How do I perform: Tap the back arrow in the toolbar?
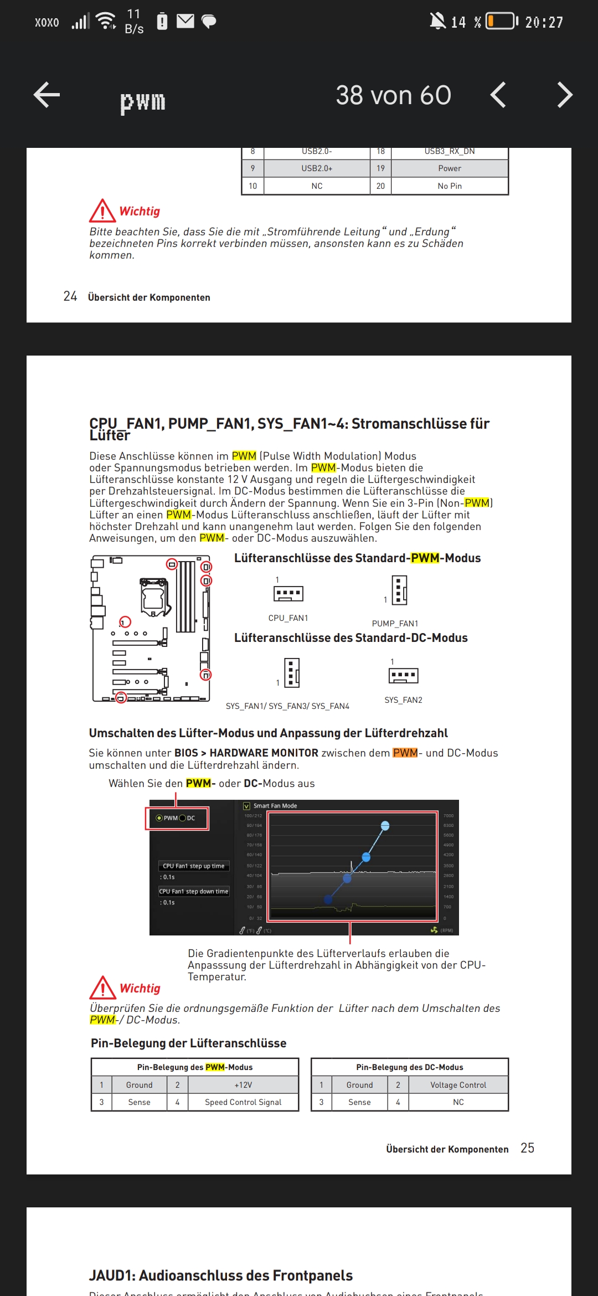coord(47,95)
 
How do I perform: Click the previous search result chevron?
coord(498,95)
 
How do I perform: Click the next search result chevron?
coord(564,95)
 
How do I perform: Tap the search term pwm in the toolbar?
coord(143,101)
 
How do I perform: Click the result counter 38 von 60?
coord(393,95)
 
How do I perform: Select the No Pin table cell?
coord(449,186)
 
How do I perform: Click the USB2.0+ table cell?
coord(317,168)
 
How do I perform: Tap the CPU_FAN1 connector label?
coord(288,618)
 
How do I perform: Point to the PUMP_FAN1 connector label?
coord(395,624)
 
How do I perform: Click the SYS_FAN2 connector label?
coord(403,700)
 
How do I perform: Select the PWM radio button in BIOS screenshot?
coord(159,818)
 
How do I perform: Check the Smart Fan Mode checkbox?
coord(247,806)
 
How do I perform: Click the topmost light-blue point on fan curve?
coord(385,826)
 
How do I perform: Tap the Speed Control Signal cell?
coord(243,1102)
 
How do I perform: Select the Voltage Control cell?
coord(458,1085)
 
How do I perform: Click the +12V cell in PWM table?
coord(243,1085)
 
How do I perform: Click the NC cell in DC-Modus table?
coord(458,1102)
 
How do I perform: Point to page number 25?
coord(527,1148)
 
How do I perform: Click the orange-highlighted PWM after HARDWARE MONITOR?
coord(405,753)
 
